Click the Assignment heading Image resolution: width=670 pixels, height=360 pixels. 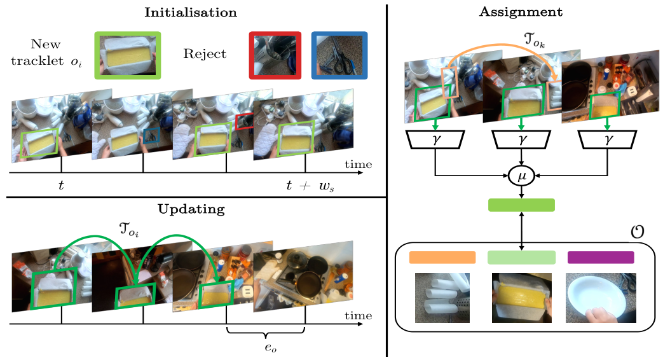click(x=521, y=12)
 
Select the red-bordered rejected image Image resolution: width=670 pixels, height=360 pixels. click(x=274, y=56)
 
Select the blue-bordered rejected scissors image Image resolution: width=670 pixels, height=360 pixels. click(x=339, y=56)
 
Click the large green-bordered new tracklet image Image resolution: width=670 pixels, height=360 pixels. click(x=127, y=56)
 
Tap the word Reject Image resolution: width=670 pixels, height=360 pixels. click(x=205, y=53)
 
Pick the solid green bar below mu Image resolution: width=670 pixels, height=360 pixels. click(x=521, y=205)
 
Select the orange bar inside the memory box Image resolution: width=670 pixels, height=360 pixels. click(x=442, y=258)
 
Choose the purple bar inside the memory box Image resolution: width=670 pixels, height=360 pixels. click(x=601, y=258)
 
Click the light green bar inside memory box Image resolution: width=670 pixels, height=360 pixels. click(x=521, y=258)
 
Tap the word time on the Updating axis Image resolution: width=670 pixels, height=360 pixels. click(x=358, y=315)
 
